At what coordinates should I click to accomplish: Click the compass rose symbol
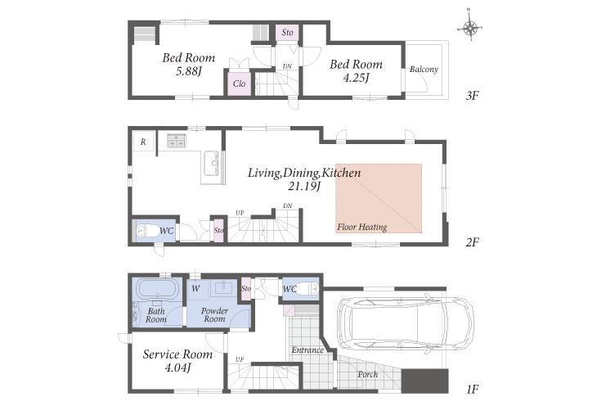tap(470, 28)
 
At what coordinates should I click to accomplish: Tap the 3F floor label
tap(472, 96)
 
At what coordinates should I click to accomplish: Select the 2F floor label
tap(472, 242)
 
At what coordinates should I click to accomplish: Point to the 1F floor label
tap(472, 390)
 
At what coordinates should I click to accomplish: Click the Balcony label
tap(424, 70)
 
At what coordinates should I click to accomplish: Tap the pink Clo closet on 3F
tap(239, 83)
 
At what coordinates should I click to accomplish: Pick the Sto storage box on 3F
tap(287, 33)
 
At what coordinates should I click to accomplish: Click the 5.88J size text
tap(189, 71)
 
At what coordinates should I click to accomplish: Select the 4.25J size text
tap(356, 78)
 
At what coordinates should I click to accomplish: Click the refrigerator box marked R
tap(143, 142)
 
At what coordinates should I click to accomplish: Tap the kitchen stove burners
tap(177, 141)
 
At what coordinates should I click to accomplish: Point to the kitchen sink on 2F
tap(212, 164)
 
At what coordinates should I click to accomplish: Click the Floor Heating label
tap(361, 228)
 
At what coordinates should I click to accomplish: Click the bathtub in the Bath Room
tap(156, 289)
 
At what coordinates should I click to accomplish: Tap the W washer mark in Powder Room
tap(195, 289)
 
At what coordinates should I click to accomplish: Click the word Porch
tap(367, 375)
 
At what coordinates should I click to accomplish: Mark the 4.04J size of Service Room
tap(177, 368)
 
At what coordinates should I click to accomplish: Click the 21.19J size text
tap(304, 186)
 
